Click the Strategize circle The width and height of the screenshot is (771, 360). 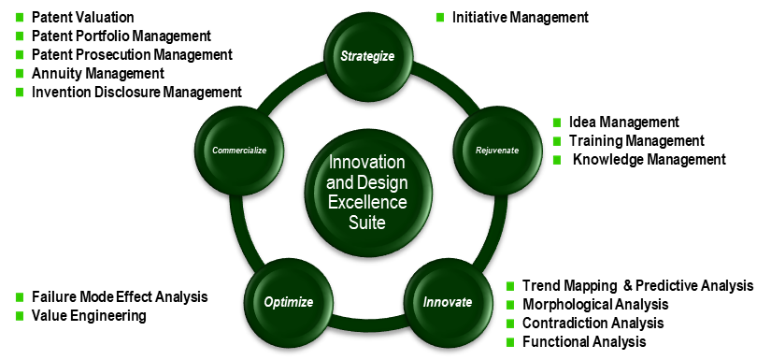[x=367, y=56]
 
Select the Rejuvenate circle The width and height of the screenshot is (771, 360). [x=496, y=150]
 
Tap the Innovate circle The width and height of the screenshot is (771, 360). [x=448, y=302]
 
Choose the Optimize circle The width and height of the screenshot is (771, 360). [x=288, y=302]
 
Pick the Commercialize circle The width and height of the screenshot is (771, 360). [x=239, y=150]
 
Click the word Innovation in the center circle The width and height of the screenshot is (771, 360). [x=367, y=162]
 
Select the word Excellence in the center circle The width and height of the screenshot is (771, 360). [x=367, y=202]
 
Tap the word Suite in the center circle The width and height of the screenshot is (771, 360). [x=367, y=223]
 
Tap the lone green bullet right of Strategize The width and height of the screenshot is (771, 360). [x=439, y=17]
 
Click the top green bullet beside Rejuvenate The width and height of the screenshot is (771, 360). [x=557, y=122]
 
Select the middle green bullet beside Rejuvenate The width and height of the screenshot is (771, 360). [x=557, y=141]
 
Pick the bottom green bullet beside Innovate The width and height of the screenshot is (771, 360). [x=509, y=342]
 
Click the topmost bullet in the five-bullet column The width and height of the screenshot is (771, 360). [x=19, y=17]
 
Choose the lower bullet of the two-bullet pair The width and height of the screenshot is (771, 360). [x=19, y=316]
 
